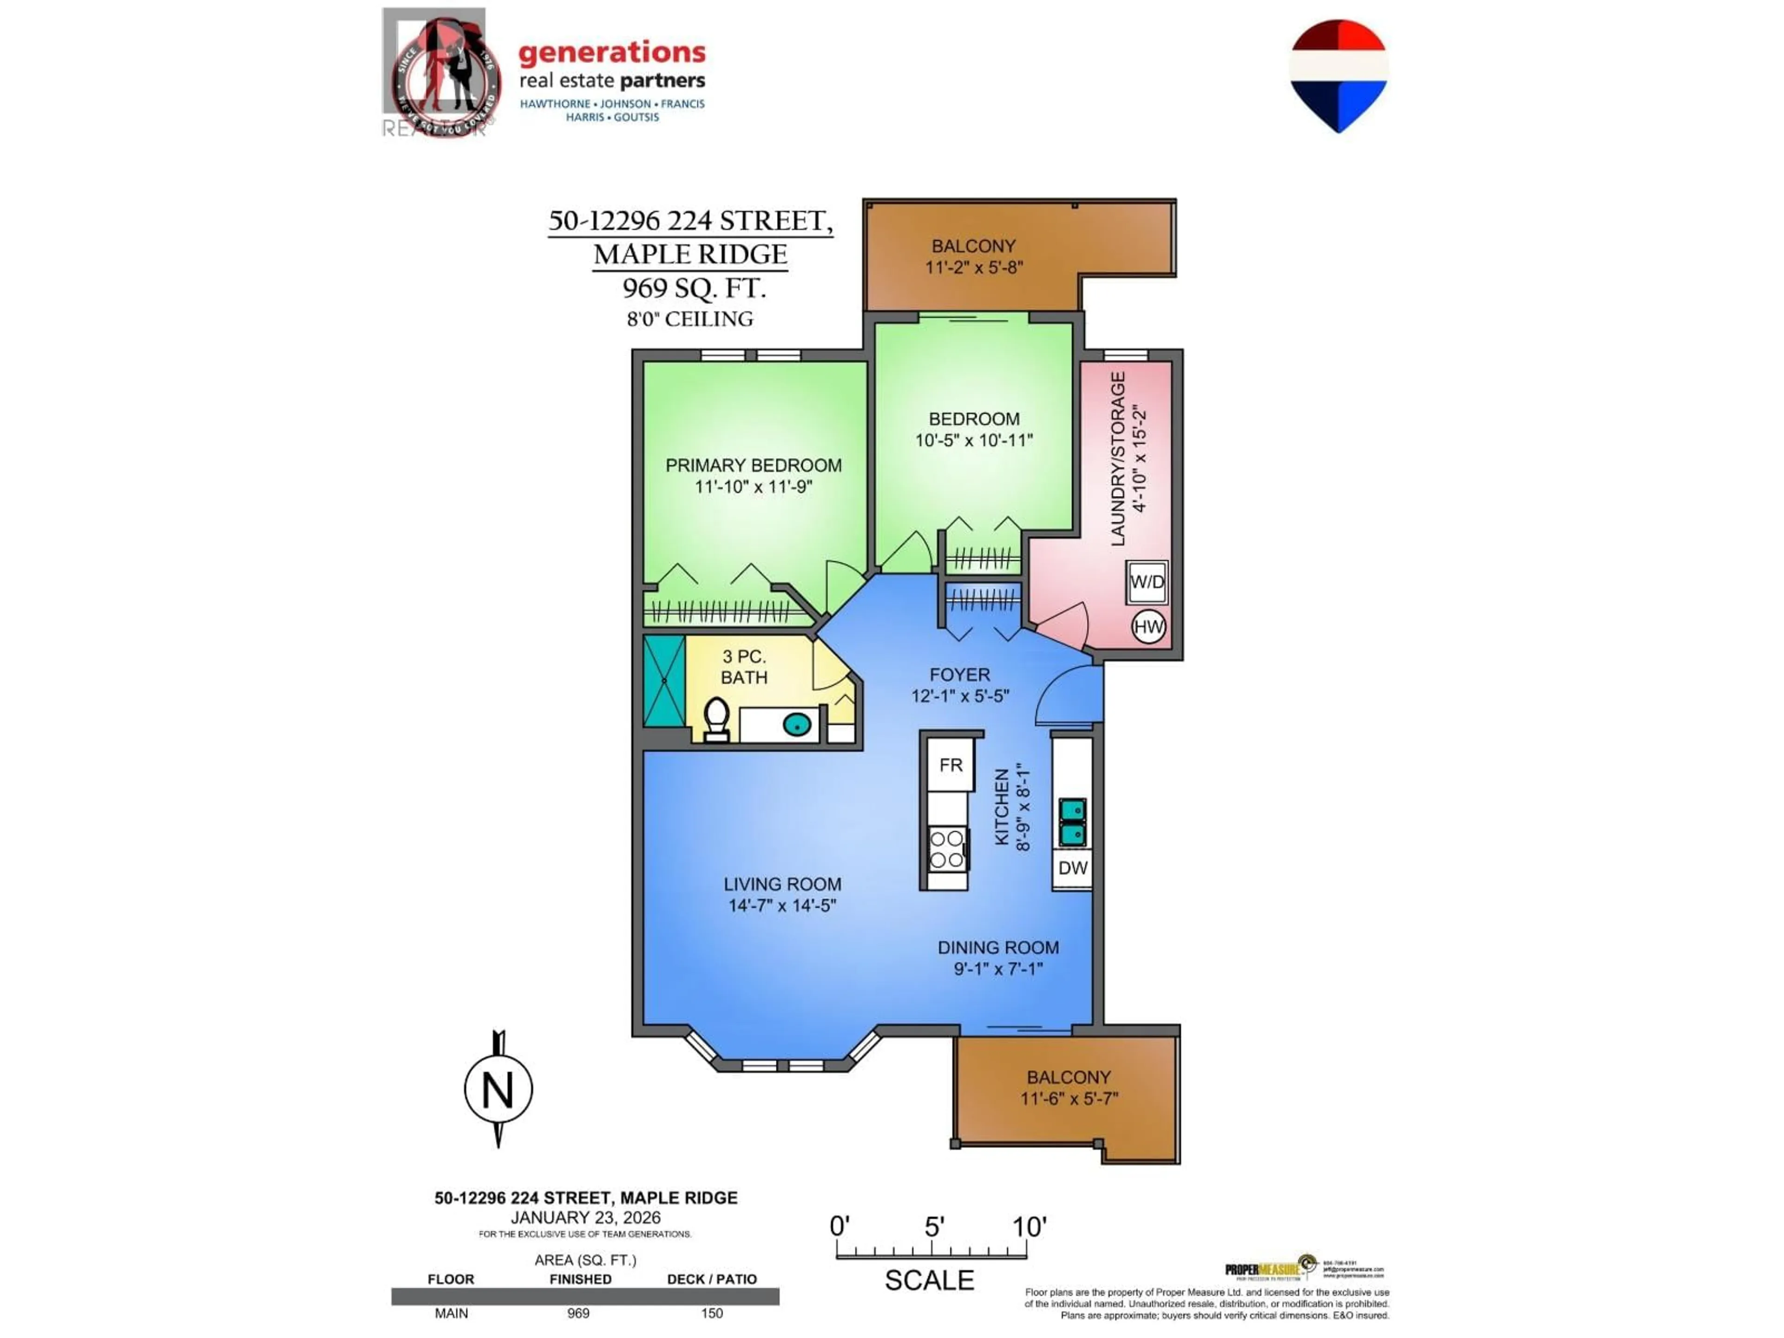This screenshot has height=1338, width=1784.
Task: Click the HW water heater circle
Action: [x=1148, y=627]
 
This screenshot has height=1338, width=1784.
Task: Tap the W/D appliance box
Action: [x=1147, y=582]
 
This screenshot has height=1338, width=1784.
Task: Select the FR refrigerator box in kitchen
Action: [x=951, y=765]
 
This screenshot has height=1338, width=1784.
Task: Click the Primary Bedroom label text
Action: [x=753, y=466]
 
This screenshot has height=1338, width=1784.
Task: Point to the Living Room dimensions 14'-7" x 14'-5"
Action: [x=782, y=906]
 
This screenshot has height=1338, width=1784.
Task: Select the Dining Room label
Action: [x=997, y=948]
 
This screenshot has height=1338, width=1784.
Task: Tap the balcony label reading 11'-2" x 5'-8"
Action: [x=973, y=267]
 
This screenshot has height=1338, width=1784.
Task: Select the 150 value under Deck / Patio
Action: [x=711, y=1313]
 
